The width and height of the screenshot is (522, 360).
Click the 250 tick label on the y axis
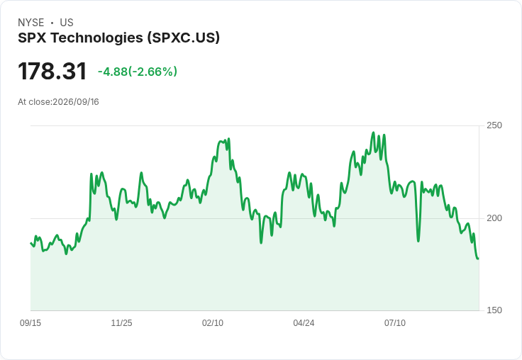click(x=494, y=125)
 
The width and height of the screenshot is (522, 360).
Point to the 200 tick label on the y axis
click(x=494, y=218)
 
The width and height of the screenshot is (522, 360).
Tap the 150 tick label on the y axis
click(x=494, y=310)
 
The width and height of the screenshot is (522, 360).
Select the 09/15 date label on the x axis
click(x=30, y=322)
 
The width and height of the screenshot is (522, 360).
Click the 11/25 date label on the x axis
click(x=121, y=322)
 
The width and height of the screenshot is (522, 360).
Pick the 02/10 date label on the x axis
click(x=213, y=322)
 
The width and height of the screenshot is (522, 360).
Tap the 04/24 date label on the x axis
click(x=304, y=322)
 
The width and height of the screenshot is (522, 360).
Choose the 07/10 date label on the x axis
click(x=395, y=322)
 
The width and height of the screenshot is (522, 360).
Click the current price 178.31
click(x=52, y=71)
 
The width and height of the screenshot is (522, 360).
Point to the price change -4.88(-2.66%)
click(x=137, y=72)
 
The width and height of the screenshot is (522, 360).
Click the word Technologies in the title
click(x=97, y=38)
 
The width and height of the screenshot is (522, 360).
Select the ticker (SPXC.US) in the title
click(x=184, y=38)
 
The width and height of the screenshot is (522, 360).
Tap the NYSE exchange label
click(x=31, y=23)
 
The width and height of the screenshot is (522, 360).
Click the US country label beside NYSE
click(x=67, y=23)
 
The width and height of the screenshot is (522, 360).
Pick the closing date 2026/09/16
click(x=76, y=102)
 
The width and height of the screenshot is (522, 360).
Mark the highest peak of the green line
click(x=373, y=133)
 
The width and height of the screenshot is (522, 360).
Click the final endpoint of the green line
click(x=479, y=259)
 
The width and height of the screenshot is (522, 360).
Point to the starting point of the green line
click(x=30, y=243)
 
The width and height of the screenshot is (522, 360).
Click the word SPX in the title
click(x=33, y=38)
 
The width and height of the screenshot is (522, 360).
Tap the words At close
click(x=35, y=102)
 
